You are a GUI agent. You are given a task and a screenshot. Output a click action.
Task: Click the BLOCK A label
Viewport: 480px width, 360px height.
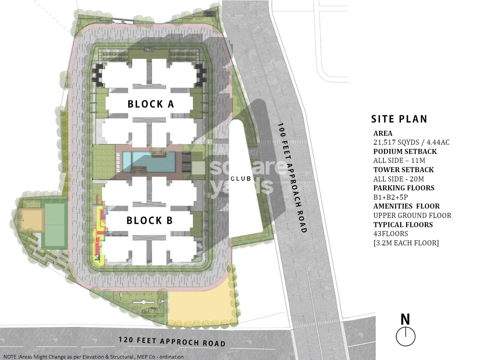coord(151,104)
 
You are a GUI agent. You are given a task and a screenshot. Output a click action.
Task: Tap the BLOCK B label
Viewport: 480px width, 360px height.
coord(150,221)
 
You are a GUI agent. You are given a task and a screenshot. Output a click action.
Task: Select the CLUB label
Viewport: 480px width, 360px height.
coord(241,179)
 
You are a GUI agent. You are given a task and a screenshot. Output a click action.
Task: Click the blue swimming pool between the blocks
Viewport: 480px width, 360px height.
coord(149,161)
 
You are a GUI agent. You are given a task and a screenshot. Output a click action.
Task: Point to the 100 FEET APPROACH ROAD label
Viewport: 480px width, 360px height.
coord(292,177)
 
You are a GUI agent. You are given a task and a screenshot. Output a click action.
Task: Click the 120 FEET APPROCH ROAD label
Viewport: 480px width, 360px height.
coord(172,341)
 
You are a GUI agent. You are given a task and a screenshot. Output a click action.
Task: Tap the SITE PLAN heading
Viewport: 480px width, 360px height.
coord(399,119)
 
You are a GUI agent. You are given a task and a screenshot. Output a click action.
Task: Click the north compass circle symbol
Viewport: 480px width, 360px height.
coord(405,336)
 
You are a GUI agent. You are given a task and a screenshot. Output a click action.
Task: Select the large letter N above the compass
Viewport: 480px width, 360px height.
coord(405,319)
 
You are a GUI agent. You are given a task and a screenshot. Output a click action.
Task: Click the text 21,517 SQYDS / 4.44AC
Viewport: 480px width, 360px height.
coord(411,142)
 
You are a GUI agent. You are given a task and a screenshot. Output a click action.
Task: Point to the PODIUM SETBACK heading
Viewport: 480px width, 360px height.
coord(405,151)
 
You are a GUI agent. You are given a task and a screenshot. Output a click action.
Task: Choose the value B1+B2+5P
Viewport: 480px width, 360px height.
coord(391,197)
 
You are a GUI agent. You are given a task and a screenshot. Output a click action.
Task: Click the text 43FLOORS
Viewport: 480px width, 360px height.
coord(391,234)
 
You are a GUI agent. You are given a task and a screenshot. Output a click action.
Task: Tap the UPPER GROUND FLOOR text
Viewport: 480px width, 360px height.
coord(412,215)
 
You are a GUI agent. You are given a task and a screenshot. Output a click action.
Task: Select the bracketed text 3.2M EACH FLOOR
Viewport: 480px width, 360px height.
coord(406,243)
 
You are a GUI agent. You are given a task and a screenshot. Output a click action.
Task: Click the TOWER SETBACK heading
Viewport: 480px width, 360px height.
coord(404,170)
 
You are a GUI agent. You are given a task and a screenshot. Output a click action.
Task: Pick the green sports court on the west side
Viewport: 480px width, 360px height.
coord(54,224)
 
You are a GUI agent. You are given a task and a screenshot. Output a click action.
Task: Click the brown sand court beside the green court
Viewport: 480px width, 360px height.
coord(31,220)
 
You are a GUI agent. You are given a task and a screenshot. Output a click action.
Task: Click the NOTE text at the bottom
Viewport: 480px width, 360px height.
coord(94,356)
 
